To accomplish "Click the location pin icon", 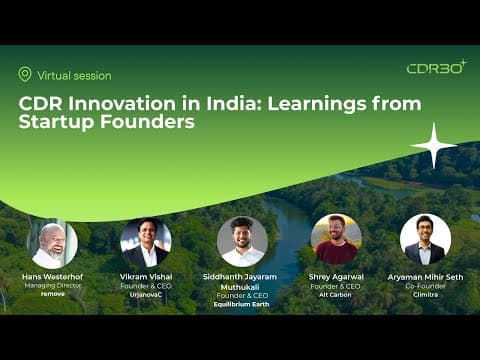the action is click(25, 74).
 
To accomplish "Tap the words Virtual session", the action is click(74, 76).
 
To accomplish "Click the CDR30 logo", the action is click(437, 67).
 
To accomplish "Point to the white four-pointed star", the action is click(433, 145).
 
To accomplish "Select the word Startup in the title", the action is click(57, 122).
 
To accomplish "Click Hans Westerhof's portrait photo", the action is click(52, 244).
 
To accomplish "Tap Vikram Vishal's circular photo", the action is click(146, 243).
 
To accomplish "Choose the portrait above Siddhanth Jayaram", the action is click(242, 242).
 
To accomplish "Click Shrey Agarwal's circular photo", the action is click(336, 239).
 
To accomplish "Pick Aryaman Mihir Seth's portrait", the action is click(425, 239).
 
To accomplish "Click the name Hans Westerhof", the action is click(53, 277).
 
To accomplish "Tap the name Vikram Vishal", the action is click(146, 277).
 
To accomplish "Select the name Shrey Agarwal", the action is click(336, 277).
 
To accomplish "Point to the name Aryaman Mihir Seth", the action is click(425, 277).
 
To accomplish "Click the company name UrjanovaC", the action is click(146, 295).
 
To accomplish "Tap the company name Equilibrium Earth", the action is click(241, 304).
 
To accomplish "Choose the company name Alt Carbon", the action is click(335, 295).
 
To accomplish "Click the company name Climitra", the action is click(425, 295).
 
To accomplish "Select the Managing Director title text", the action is click(53, 286).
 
